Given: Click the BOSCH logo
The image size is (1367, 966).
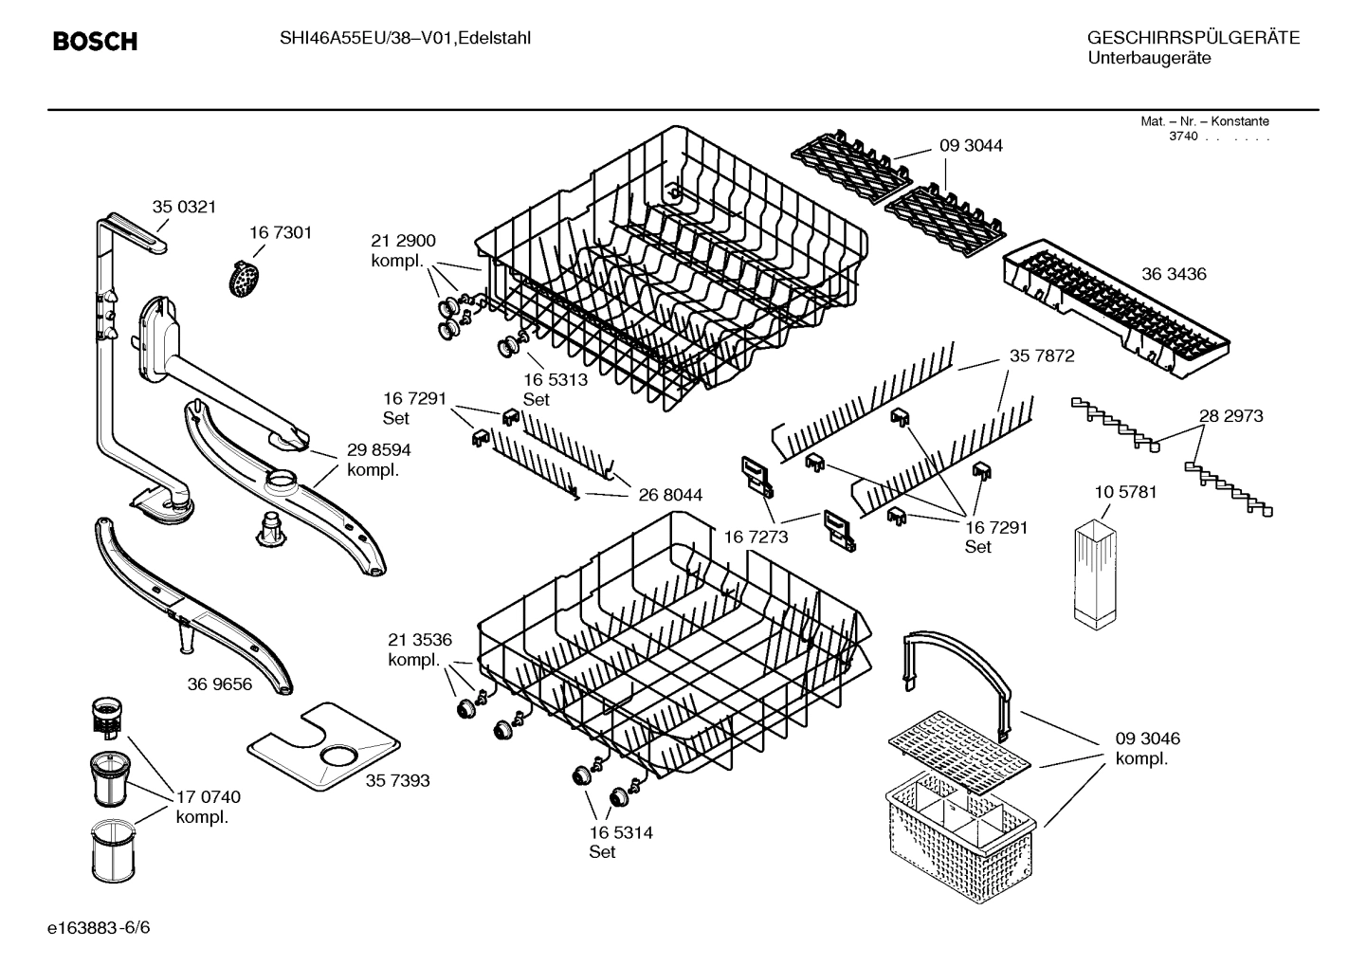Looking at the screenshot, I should [x=95, y=42].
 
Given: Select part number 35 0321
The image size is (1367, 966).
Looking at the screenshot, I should [x=185, y=207].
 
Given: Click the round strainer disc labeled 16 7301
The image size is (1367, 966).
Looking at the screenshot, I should [x=246, y=278].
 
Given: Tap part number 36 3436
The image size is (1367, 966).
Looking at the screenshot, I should [x=1174, y=274].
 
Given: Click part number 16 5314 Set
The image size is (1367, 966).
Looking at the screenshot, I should [x=621, y=842].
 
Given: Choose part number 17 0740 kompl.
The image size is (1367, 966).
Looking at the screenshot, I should [x=208, y=807].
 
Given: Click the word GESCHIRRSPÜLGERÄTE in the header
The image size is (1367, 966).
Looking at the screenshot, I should [x=1193, y=38].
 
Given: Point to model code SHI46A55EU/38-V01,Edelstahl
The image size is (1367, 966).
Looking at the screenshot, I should [x=405, y=38].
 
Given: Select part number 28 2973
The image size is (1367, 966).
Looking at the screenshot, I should [x=1230, y=415].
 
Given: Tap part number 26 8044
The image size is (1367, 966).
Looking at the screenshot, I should [x=670, y=495].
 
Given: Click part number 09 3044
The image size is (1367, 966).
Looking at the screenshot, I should [x=971, y=145].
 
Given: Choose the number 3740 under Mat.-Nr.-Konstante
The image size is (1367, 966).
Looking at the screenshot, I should [x=1183, y=137].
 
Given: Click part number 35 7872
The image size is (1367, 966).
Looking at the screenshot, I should [x=1042, y=355].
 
